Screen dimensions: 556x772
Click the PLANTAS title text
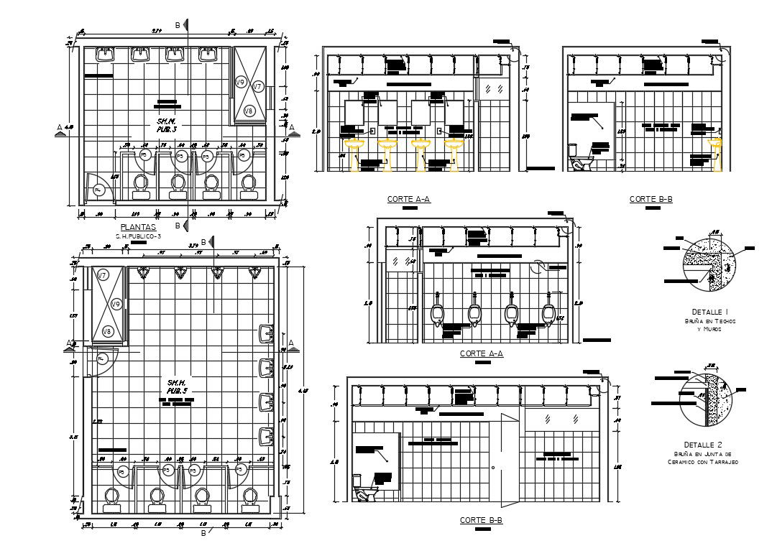pyautogui.click(x=133, y=227)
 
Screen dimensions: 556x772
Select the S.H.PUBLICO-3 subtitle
pyautogui.click(x=138, y=236)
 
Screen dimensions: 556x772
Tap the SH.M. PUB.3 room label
pyautogui.click(x=167, y=126)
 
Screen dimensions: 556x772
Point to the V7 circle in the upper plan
pyautogui.click(x=258, y=86)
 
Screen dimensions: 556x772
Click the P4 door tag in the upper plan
pyautogui.click(x=98, y=190)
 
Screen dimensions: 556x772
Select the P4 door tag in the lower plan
pyautogui.click(x=101, y=358)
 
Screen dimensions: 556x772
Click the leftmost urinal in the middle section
pyautogui.click(x=436, y=314)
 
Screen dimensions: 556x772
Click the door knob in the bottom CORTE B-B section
pyautogui.click(x=493, y=468)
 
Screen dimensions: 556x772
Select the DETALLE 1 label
pyautogui.click(x=710, y=311)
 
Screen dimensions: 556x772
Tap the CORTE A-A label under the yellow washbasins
pyautogui.click(x=408, y=199)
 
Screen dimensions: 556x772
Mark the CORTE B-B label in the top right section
pyautogui.click(x=651, y=199)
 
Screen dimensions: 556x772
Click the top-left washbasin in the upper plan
pyautogui.click(x=106, y=55)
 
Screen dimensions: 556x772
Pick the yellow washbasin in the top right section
pyautogui.click(x=715, y=152)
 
